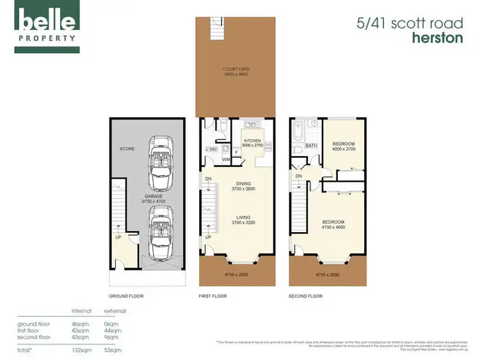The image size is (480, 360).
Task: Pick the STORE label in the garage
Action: [127, 150]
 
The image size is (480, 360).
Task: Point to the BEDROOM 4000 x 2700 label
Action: [343, 146]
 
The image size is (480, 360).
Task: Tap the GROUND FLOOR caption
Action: [127, 296]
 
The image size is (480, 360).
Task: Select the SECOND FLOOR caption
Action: [306, 296]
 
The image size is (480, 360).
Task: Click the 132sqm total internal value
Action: [81, 350]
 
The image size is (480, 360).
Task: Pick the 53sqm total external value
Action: [113, 350]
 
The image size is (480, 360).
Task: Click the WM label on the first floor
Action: [226, 159]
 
